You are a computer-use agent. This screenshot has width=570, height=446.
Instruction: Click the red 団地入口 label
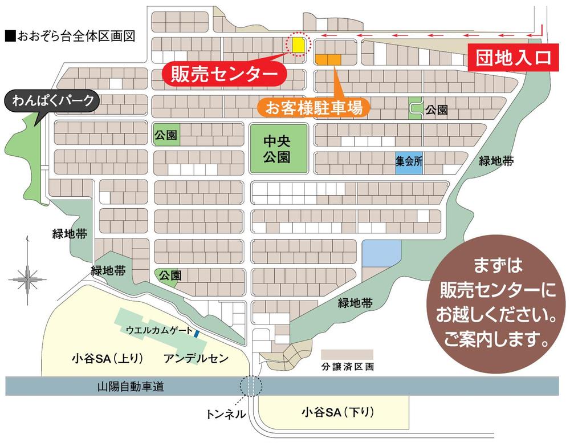click(510, 58)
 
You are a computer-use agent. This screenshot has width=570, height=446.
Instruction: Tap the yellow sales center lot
click(298, 44)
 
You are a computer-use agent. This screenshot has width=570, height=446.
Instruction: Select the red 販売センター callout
click(223, 73)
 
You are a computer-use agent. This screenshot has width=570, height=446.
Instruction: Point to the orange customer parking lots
click(328, 59)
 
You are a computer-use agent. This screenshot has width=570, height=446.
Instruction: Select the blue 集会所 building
click(409, 161)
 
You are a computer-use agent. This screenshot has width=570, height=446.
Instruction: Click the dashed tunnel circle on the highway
click(251, 386)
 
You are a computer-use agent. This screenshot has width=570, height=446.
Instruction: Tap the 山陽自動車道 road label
click(131, 387)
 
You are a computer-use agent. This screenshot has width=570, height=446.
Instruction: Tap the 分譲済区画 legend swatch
click(347, 354)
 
